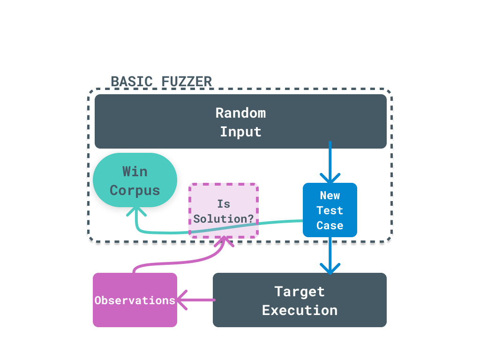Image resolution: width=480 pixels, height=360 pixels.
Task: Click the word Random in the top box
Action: point(240,113)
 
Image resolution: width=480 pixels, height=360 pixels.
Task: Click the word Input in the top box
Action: point(240,132)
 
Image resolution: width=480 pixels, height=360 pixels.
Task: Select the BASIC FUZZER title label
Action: point(161,82)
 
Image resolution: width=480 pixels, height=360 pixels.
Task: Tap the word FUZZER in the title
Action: point(187,82)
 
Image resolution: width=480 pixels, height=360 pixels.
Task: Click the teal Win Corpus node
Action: point(135,180)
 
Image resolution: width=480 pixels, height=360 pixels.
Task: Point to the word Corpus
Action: point(135,191)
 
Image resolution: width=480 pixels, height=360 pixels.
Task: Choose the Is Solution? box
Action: point(224,210)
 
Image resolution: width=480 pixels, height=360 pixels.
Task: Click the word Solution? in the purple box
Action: point(224,219)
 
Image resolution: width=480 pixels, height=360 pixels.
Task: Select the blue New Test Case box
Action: point(330,210)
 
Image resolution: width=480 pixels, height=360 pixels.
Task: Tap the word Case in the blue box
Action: point(330,225)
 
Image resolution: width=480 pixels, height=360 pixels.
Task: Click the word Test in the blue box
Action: point(330,210)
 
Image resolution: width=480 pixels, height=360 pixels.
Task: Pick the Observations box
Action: point(135,300)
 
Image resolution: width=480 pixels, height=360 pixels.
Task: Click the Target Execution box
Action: point(300,300)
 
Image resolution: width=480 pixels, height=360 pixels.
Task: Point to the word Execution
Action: point(300,310)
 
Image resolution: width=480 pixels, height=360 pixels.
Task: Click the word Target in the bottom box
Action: point(300,292)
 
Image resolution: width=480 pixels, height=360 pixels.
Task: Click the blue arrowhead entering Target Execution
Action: point(330,269)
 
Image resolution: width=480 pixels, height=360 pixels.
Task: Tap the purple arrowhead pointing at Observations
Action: point(182,300)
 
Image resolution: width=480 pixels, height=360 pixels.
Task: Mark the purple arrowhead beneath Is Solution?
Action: point(224,242)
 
